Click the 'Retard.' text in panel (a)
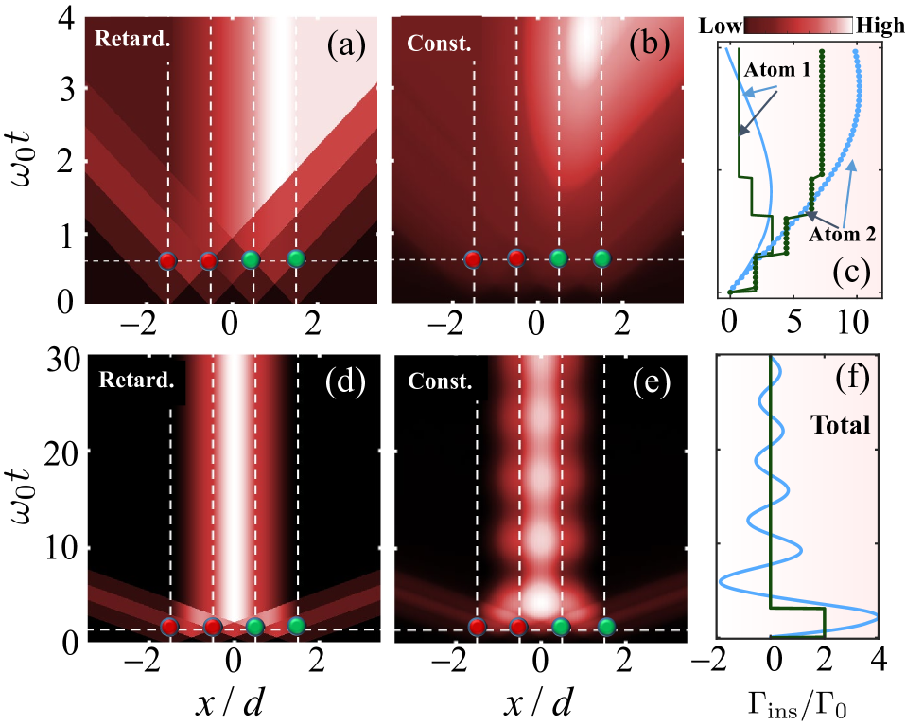click(123, 40)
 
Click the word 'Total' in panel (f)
click(841, 426)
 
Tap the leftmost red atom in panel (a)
click(167, 260)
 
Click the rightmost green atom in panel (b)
click(601, 258)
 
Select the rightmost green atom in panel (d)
click(297, 625)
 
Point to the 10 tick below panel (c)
click(854, 323)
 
